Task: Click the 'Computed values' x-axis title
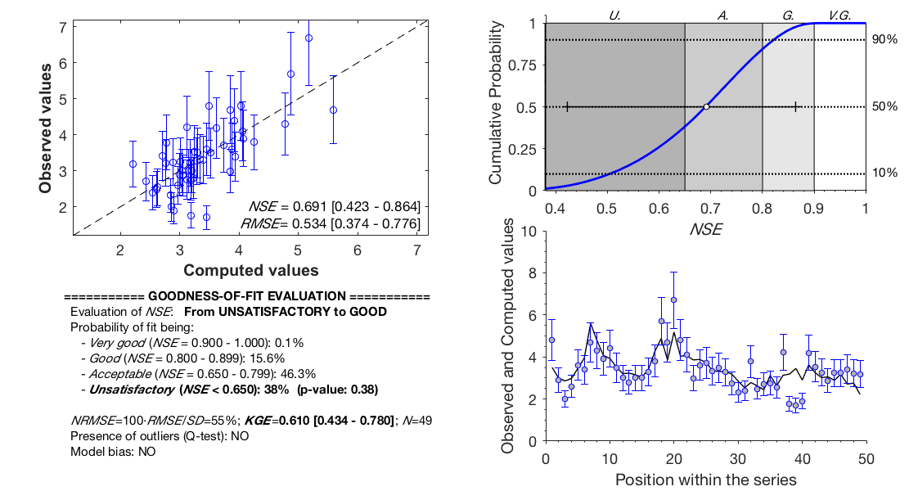pos(250,270)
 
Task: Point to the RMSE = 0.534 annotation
pos(331,223)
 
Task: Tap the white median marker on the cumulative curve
pos(706,106)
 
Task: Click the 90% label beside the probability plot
pos(885,39)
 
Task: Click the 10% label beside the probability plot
pos(885,173)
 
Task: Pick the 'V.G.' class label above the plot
pos(839,15)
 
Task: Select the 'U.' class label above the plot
pos(614,15)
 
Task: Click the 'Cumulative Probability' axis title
pos(496,106)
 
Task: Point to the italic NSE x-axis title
pos(705,230)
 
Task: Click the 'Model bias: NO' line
pos(113,451)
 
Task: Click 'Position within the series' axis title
pos(705,479)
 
